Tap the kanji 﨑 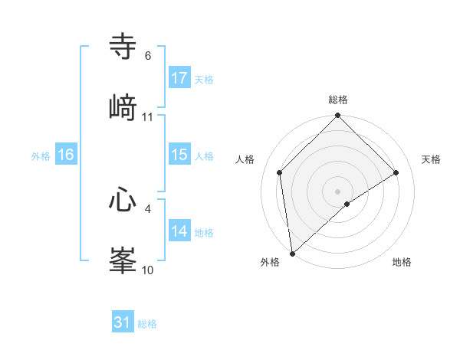coord(123,106)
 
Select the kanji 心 coord(123,201)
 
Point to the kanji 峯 coord(123,260)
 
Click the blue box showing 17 coord(179,78)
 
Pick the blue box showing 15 coord(179,155)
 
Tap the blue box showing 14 coord(179,231)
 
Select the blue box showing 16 coord(66,155)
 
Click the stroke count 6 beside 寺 coord(148,56)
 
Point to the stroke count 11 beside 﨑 coord(148,116)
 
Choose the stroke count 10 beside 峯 coord(148,270)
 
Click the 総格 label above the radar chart coord(338,100)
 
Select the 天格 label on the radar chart coord(431,159)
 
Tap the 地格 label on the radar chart coord(402,262)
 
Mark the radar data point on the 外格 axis coord(292,254)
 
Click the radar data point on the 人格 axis coord(280,172)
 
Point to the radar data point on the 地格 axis coord(347,204)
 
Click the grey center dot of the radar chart coord(338,191)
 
